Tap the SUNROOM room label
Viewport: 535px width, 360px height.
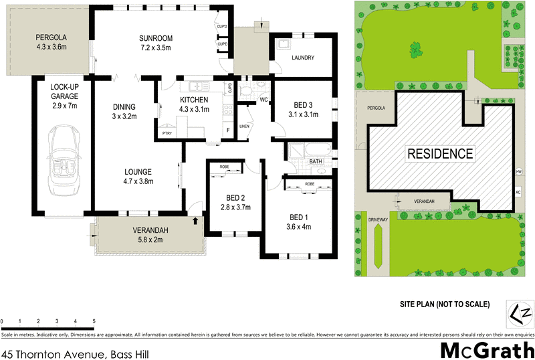click(156, 37)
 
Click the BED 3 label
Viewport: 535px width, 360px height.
click(303, 105)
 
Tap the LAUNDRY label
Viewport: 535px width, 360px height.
click(303, 58)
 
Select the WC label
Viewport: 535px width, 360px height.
click(263, 100)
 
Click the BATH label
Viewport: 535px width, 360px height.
click(316, 161)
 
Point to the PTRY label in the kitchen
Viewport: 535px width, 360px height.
click(167, 133)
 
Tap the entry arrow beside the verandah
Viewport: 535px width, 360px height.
click(195, 219)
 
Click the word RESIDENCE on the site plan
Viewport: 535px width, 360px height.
click(441, 153)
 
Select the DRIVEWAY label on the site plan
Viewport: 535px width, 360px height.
click(378, 218)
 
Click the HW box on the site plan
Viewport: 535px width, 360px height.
click(518, 171)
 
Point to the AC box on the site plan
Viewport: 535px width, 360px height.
click(518, 192)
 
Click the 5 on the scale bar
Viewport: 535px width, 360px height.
click(94, 322)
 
